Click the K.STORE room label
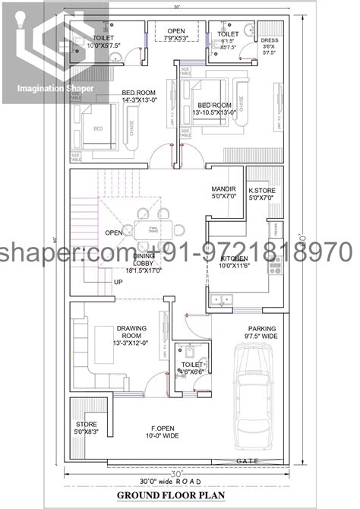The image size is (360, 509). tap(262, 194)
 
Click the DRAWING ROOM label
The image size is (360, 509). tap(131, 335)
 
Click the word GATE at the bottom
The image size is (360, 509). tap(248, 461)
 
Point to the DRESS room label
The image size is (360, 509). tap(269, 46)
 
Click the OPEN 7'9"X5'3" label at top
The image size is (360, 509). tap(175, 35)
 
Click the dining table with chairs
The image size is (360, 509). tap(154, 226)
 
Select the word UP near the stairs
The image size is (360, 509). tap(118, 282)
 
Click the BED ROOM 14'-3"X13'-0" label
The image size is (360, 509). tap(138, 96)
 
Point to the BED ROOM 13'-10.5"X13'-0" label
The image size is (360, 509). tap(215, 108)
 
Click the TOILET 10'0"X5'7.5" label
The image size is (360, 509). tap(104, 41)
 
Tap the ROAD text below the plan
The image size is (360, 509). tap(189, 481)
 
